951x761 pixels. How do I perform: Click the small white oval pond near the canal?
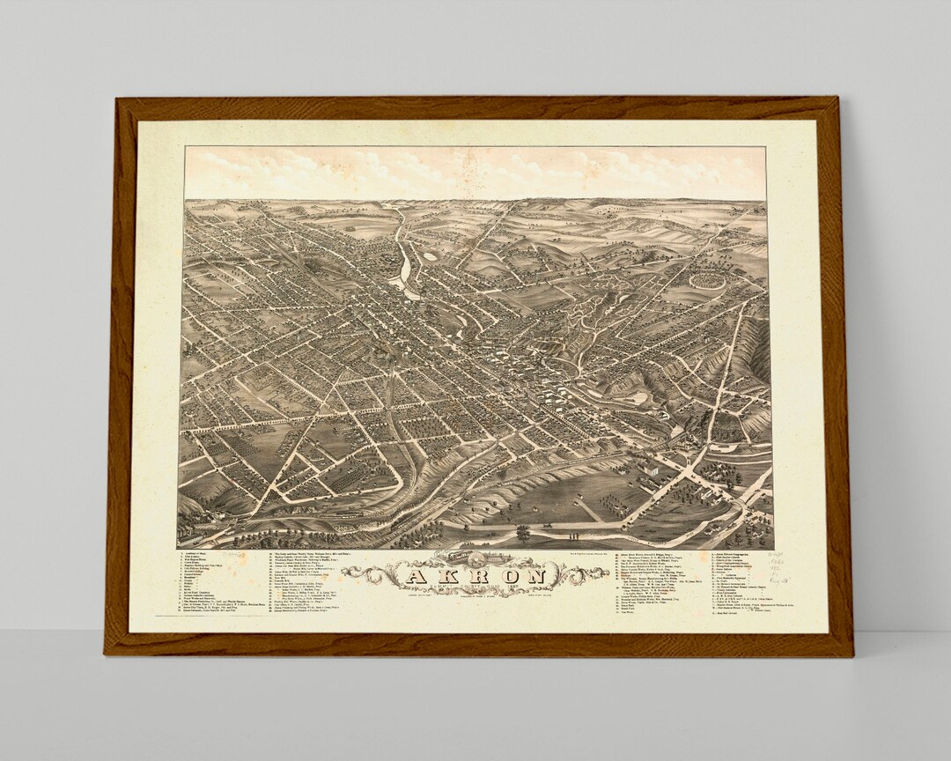430,255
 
